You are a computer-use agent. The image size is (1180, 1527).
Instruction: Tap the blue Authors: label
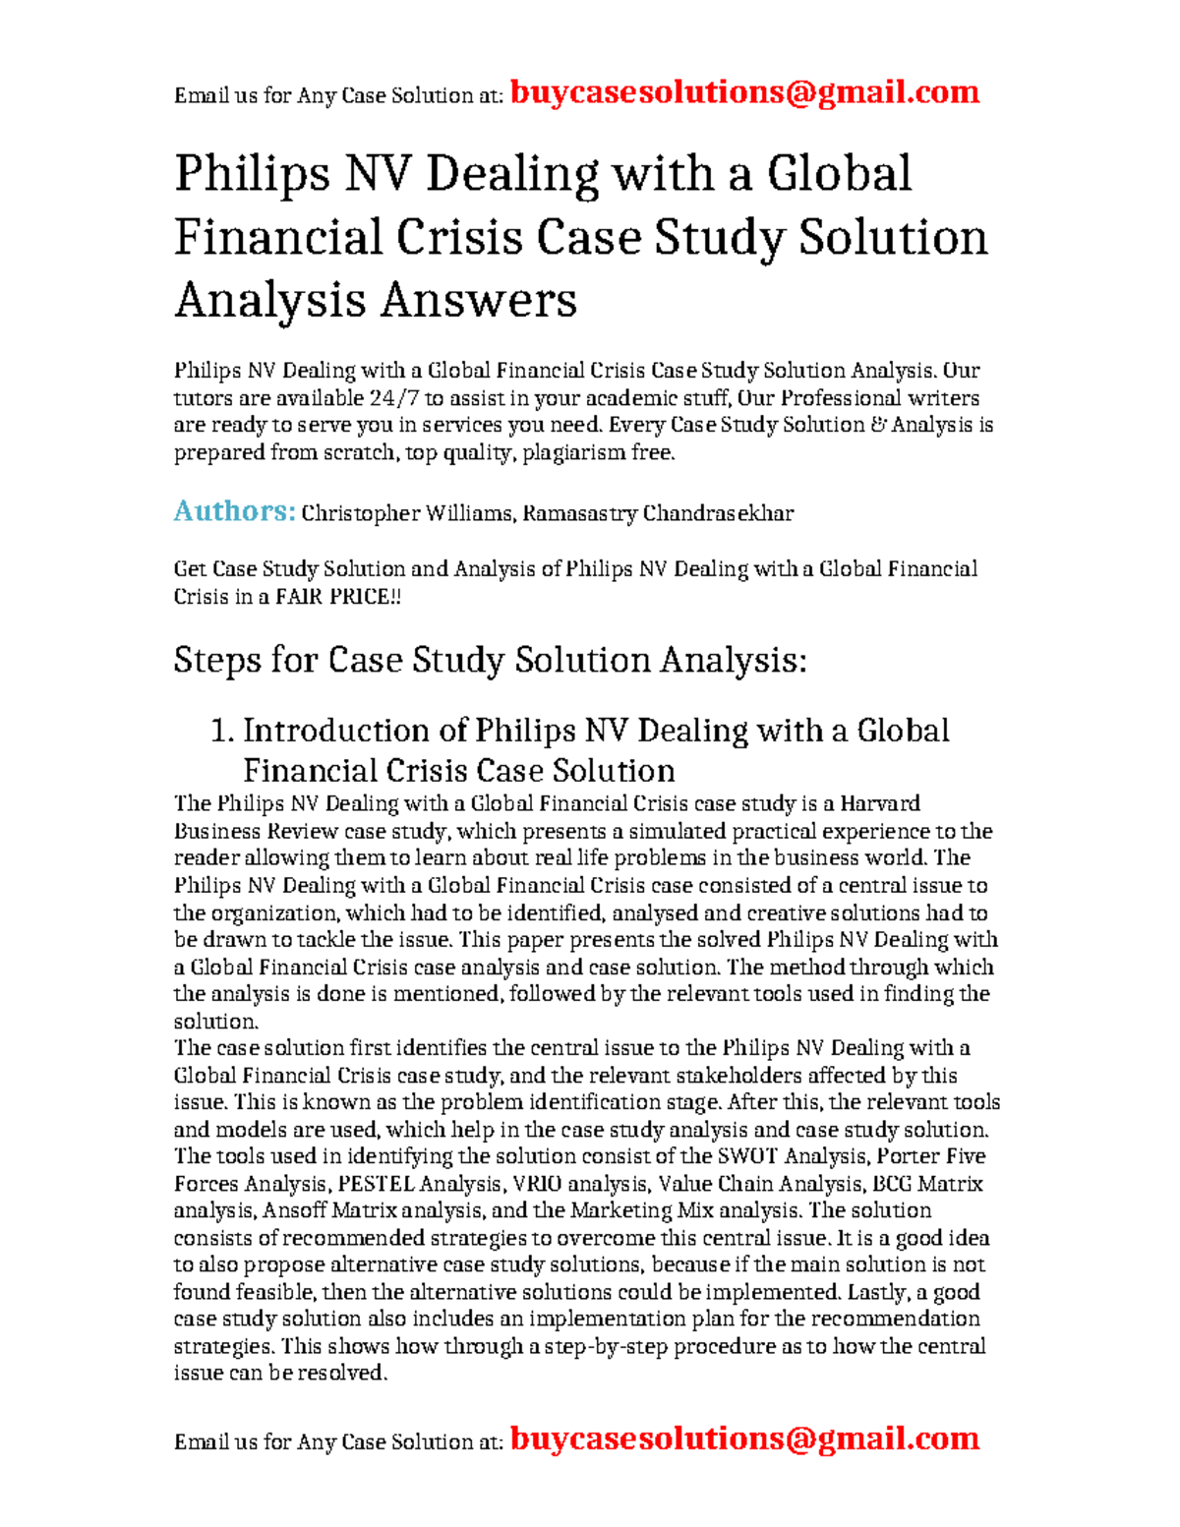click(x=234, y=511)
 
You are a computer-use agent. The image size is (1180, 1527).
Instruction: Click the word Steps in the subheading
click(x=216, y=660)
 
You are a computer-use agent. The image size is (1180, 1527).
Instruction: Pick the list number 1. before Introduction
click(x=223, y=731)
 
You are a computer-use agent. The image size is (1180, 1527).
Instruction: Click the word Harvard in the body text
click(x=880, y=803)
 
